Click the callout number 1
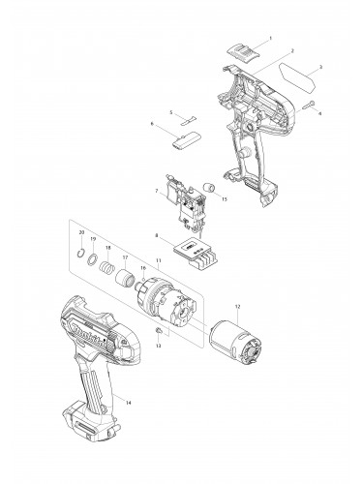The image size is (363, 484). click(x=270, y=37)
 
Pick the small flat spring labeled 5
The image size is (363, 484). click(x=188, y=121)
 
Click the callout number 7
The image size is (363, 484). click(x=155, y=191)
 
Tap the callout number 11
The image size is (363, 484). click(x=158, y=261)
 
